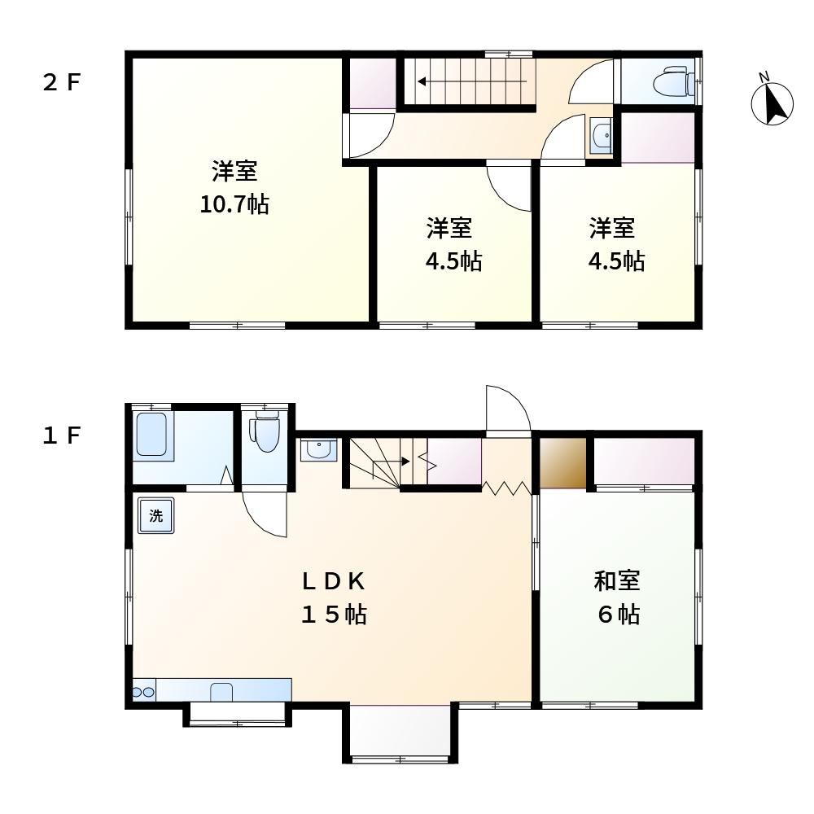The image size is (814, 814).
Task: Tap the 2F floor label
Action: [x=62, y=82]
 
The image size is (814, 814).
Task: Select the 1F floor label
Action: [x=62, y=435]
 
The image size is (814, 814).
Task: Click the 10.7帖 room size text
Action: [x=234, y=204]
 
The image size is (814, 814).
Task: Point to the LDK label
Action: [x=333, y=581]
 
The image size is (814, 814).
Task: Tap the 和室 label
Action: [x=617, y=580]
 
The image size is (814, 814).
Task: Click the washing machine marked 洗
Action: [x=155, y=515]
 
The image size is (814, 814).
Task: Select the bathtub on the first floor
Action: [x=151, y=434]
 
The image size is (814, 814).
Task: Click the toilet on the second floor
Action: [x=674, y=82]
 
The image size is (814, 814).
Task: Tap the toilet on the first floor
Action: [x=265, y=431]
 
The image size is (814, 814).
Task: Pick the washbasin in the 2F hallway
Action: [x=602, y=135]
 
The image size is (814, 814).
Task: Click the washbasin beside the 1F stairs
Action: [x=319, y=450]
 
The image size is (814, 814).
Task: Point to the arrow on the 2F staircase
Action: [x=472, y=81]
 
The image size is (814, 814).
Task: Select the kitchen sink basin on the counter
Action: [x=221, y=692]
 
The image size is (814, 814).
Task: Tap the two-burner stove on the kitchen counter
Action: [x=144, y=691]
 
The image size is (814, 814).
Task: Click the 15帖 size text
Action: [x=335, y=615]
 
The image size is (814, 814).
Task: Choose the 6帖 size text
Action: [x=619, y=614]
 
